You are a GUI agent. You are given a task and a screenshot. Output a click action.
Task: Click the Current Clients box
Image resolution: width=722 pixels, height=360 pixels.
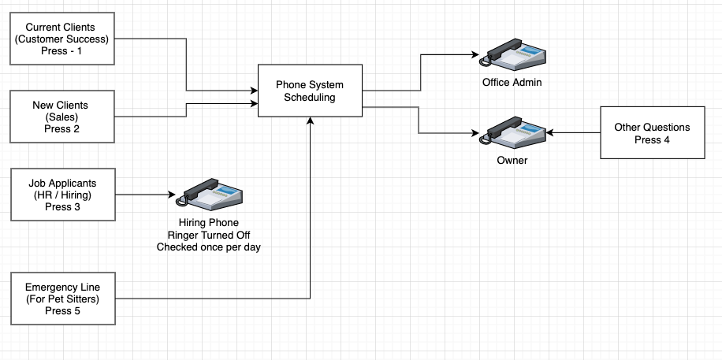tap(61, 38)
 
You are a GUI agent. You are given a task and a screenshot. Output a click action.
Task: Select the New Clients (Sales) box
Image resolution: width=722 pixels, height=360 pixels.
tap(61, 117)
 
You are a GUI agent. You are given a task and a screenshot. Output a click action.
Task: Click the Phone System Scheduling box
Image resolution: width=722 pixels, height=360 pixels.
tap(310, 91)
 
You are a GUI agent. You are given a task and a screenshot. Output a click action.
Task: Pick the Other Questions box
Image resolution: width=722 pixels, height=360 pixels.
tap(651, 133)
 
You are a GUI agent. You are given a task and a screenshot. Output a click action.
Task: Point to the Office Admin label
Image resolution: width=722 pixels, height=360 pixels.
tap(512, 83)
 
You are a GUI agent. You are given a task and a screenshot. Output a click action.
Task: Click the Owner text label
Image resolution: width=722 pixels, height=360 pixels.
tap(512, 161)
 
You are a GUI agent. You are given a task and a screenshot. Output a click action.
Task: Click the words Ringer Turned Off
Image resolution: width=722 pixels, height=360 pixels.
tap(208, 235)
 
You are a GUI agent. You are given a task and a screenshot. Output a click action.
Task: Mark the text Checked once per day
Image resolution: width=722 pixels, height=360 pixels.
tap(208, 247)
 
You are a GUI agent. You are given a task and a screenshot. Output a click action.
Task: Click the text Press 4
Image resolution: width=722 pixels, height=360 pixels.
tap(651, 140)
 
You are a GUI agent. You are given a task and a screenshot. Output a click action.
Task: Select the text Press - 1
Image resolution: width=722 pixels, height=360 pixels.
tap(61, 50)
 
